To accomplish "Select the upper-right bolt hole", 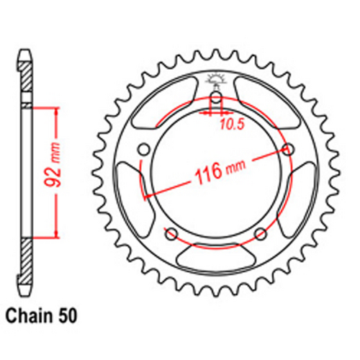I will [289, 149].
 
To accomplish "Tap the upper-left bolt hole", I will [143, 149].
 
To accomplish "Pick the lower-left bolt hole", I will [171, 234].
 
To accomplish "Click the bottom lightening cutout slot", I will [217, 257].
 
